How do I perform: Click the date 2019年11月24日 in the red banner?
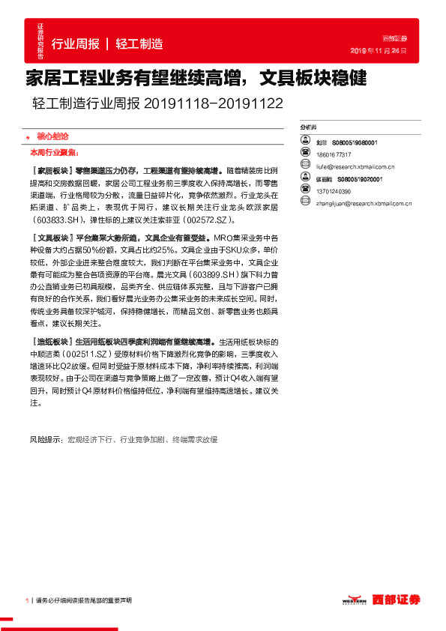point(379,51)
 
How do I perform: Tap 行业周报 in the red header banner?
point(75,43)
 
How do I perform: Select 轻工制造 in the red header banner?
point(139,43)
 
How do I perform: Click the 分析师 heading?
point(308,128)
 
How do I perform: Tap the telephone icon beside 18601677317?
point(304,152)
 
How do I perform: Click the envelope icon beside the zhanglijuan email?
point(304,202)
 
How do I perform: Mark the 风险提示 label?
point(46,439)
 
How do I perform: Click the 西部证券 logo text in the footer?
point(398,600)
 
